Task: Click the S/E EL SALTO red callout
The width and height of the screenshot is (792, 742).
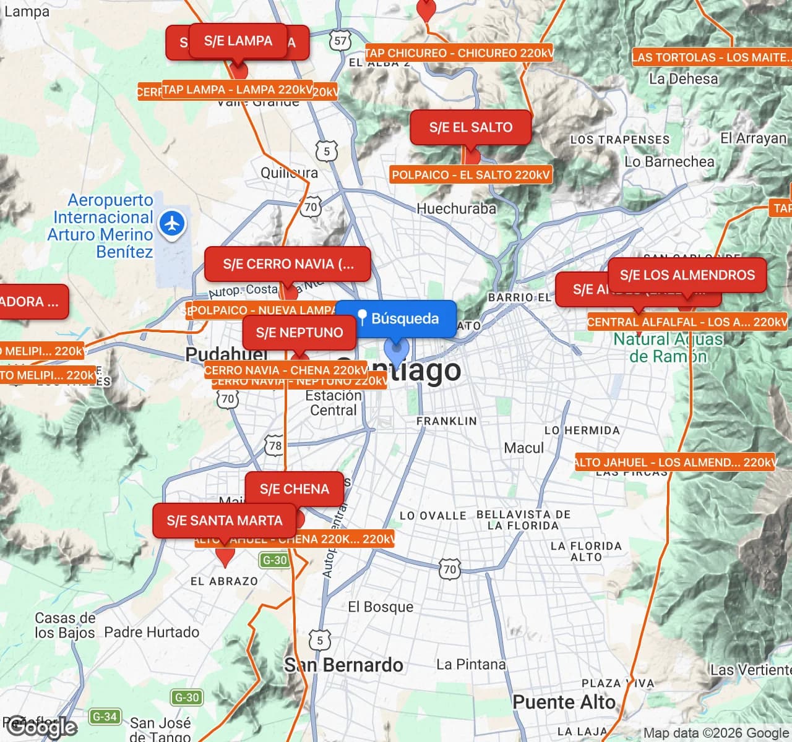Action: (471, 127)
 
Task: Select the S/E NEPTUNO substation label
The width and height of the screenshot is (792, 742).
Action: (299, 333)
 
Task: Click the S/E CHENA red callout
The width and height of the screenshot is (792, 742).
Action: (294, 489)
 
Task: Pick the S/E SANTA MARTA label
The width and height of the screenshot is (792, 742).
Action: (224, 521)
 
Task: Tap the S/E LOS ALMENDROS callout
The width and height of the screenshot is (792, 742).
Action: (687, 275)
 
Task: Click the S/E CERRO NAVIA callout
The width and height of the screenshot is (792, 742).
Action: (288, 264)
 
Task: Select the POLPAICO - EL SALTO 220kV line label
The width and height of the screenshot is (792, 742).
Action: (471, 175)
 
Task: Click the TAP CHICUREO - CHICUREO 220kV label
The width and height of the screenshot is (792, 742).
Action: (459, 53)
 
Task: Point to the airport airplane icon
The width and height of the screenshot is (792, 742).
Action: (172, 223)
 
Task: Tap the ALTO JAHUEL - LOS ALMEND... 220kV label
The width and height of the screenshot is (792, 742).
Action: (675, 463)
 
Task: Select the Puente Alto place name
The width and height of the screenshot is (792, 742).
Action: (564, 702)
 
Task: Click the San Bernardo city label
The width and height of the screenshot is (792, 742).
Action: (343, 665)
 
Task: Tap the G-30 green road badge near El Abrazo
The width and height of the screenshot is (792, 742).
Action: (274, 560)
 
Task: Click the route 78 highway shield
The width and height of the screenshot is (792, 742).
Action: (275, 445)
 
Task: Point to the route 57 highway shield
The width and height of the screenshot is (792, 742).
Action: (340, 41)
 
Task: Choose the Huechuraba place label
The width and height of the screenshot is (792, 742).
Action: (456, 209)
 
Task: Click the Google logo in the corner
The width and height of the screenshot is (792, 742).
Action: (41, 728)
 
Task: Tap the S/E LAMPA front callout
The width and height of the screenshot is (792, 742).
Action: (238, 41)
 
